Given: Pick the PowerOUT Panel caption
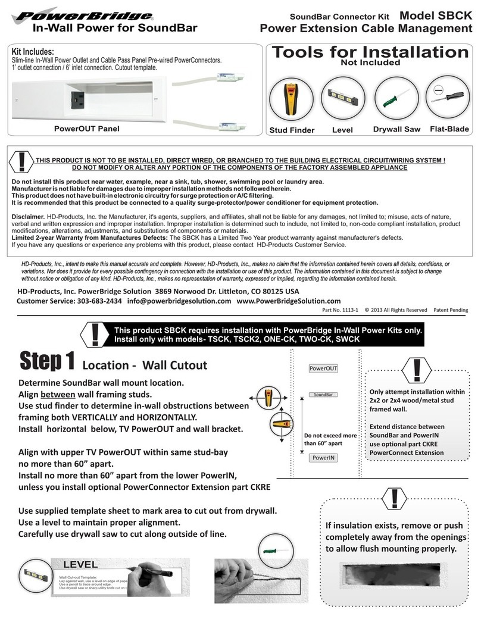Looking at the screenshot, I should coord(86,129).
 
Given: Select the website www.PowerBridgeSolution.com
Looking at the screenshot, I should coord(289,301).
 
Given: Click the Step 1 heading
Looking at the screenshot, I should coord(47,361).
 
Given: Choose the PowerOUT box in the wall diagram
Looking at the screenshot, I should coord(323,368).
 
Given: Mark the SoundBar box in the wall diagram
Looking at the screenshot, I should coord(322,395).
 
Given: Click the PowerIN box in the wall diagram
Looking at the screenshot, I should coord(323,458).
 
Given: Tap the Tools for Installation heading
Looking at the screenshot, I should coord(370,52).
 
